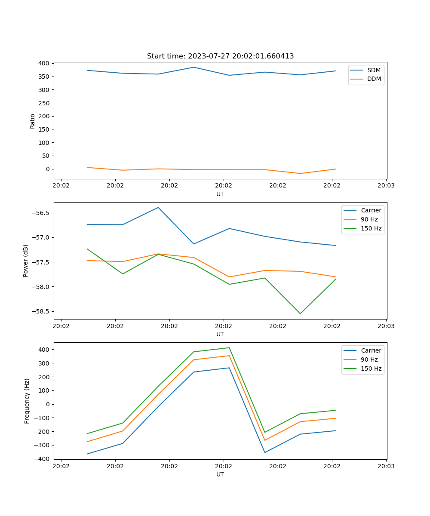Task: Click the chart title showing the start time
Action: click(220, 56)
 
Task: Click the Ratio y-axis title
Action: click(33, 121)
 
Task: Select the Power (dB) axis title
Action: click(26, 261)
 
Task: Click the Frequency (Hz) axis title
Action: click(27, 401)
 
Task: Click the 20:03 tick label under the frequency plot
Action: click(386, 466)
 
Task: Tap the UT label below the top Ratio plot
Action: click(220, 194)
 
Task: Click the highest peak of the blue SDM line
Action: click(193, 67)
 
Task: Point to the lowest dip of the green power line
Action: click(300, 313)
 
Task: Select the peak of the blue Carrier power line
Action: click(158, 207)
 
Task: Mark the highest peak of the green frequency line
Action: click(229, 347)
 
